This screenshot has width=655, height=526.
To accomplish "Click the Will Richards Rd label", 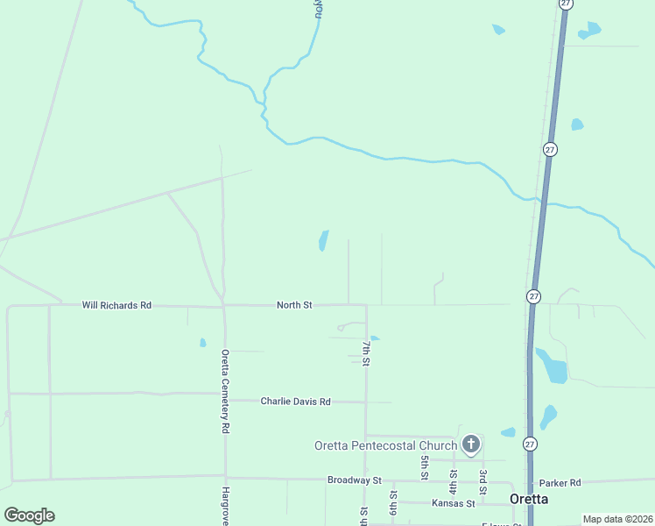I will pyautogui.click(x=116, y=305).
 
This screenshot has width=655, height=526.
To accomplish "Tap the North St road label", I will pyautogui.click(x=294, y=305).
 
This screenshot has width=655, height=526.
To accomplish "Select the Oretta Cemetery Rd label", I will pyautogui.click(x=225, y=391).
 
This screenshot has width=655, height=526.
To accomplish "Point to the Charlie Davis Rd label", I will pyautogui.click(x=295, y=402).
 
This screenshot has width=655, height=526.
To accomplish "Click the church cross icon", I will pyautogui.click(x=471, y=444).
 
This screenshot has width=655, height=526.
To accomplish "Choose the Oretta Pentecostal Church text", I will pyautogui.click(x=385, y=445).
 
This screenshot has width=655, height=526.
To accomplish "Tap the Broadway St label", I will pyautogui.click(x=355, y=480).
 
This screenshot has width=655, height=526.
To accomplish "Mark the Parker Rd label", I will pyautogui.click(x=560, y=483).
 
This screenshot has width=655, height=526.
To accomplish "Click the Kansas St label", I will pyautogui.click(x=453, y=503).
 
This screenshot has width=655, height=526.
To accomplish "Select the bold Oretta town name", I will pyautogui.click(x=529, y=499).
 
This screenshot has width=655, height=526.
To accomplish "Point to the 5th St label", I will pyautogui.click(x=424, y=467).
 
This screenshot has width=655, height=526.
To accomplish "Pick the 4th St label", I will pyautogui.click(x=454, y=480).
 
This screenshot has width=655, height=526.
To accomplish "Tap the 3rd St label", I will pyautogui.click(x=482, y=481).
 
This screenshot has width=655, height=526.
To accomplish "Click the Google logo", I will pyautogui.click(x=30, y=515).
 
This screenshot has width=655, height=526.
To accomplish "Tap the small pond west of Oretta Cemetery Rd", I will pyautogui.click(x=202, y=343).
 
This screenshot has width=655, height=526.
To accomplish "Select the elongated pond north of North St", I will pyautogui.click(x=323, y=240).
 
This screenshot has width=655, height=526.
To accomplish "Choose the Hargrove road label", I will pyautogui.click(x=225, y=506).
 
